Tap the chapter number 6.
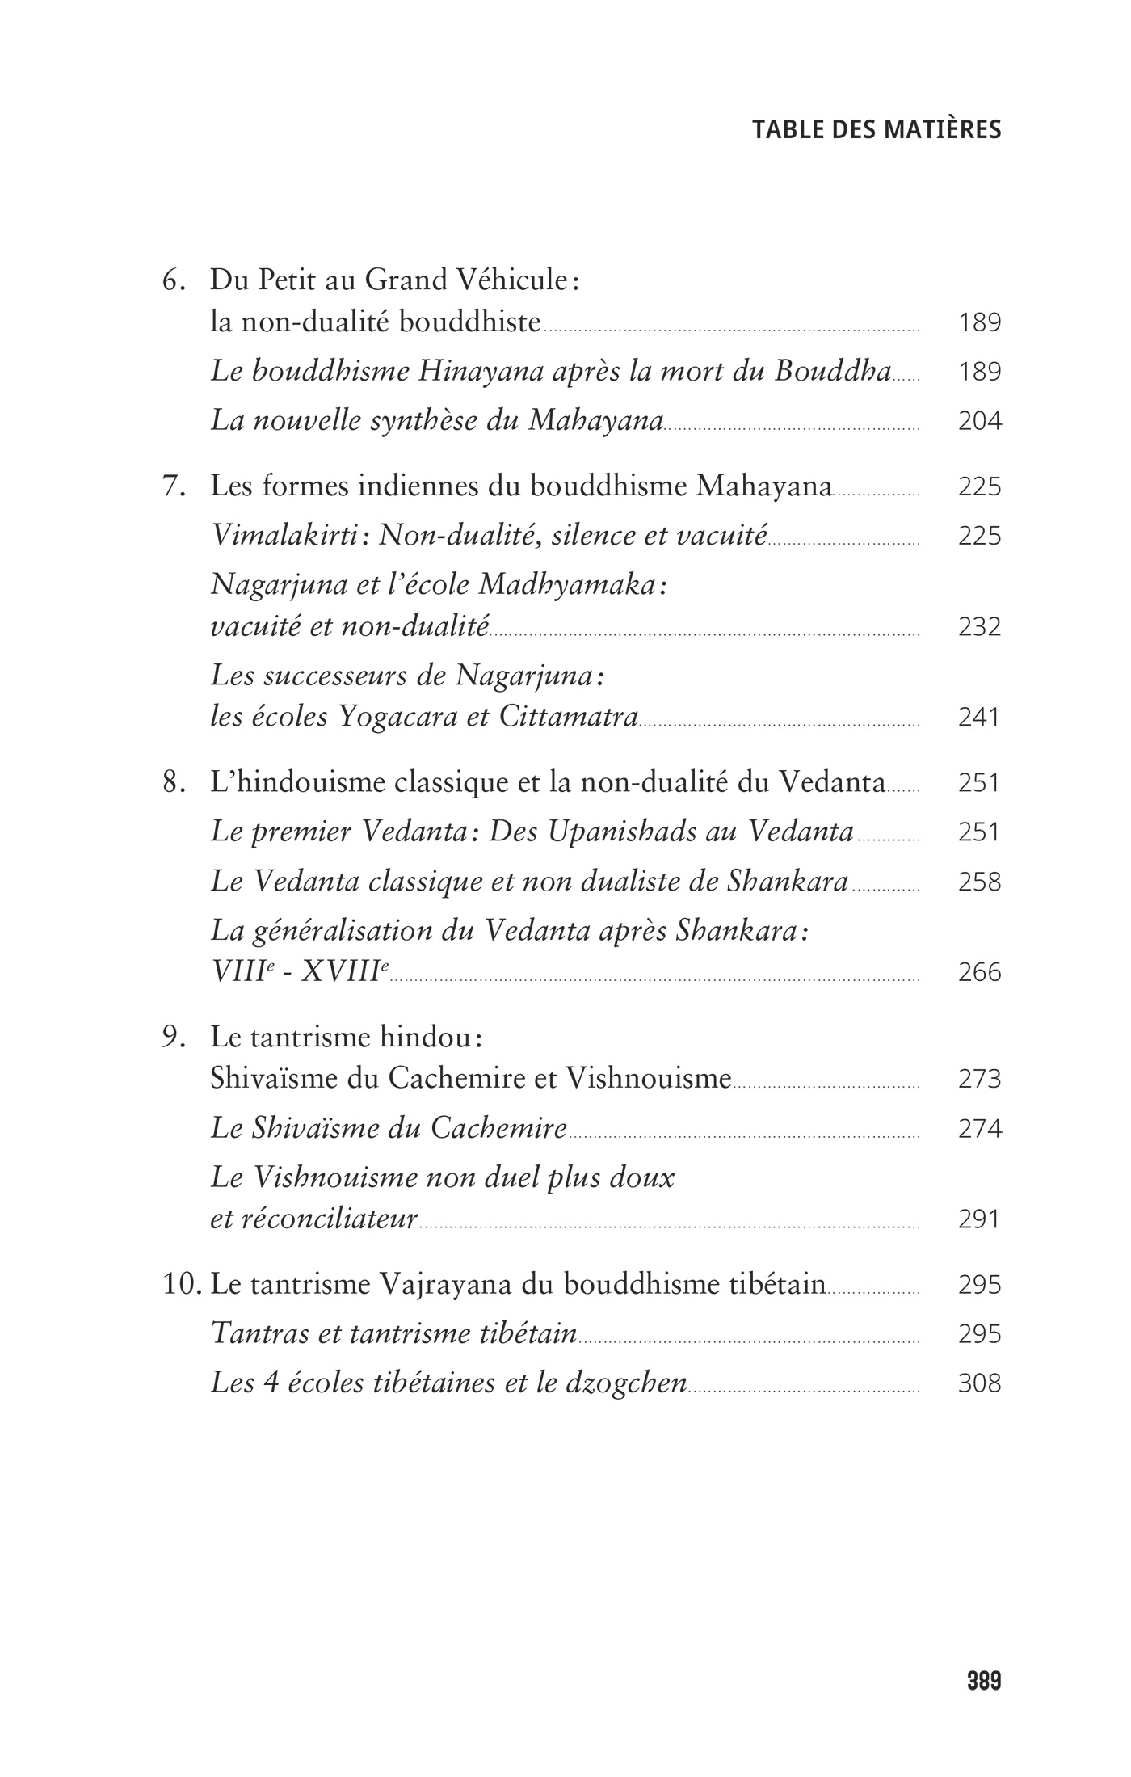(172, 281)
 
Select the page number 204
(979, 421)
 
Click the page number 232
(979, 626)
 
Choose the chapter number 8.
(172, 782)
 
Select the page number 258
(979, 882)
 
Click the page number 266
(979, 971)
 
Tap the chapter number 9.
(172, 1038)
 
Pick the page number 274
(979, 1128)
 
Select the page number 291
(979, 1219)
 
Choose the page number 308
(979, 1383)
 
